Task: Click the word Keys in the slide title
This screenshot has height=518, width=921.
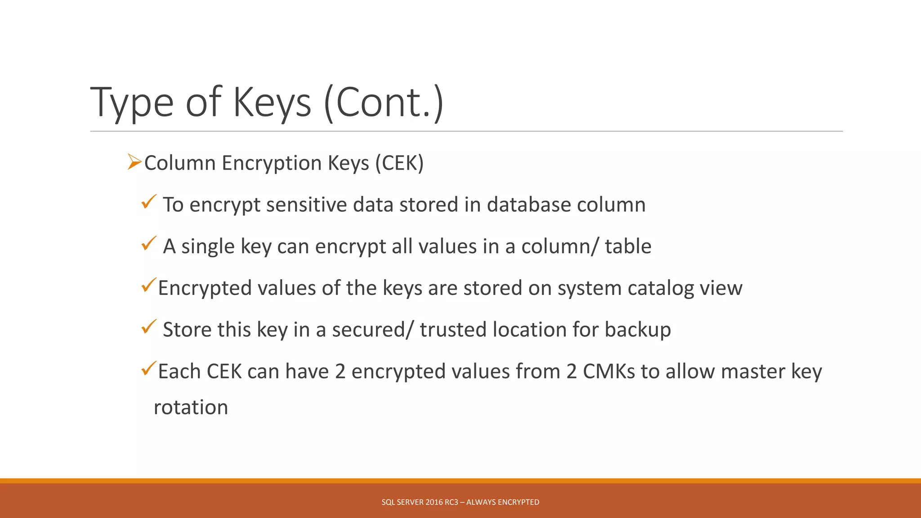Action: (271, 103)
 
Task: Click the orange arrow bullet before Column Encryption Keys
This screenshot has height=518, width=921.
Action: (134, 161)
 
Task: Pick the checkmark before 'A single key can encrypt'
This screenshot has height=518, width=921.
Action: (148, 243)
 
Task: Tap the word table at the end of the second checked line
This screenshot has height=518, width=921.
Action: (628, 246)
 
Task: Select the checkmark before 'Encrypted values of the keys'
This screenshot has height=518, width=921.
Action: (148, 285)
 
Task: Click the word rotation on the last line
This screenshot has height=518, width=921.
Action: (191, 407)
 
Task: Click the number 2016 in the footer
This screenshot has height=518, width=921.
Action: (434, 502)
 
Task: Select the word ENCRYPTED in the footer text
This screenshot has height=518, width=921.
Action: (519, 502)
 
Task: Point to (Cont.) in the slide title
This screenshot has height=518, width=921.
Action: (384, 103)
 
